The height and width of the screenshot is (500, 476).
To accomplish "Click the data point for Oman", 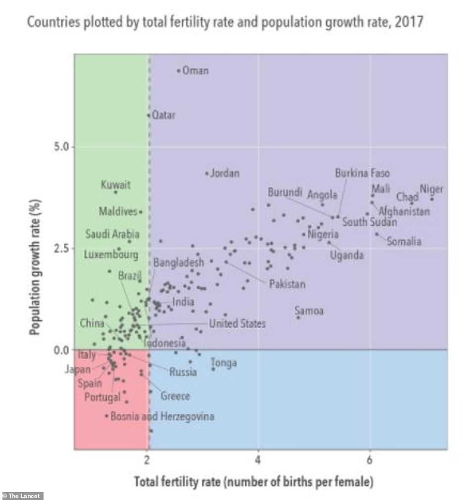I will (x=179, y=71).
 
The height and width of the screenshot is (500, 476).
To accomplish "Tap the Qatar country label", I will (x=163, y=115).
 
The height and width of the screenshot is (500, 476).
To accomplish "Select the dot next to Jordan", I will (x=207, y=173).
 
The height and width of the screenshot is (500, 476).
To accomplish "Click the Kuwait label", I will (x=116, y=185).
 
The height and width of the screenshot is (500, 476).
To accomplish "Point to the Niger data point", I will (x=431, y=199).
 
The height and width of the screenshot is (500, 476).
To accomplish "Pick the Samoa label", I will (x=309, y=311).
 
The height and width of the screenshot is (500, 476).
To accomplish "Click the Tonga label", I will (x=224, y=363).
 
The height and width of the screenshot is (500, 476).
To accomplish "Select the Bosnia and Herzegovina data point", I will (x=106, y=416).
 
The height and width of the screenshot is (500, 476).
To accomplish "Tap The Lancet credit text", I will (x=22, y=496).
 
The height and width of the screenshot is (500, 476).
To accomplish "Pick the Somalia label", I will (x=404, y=242).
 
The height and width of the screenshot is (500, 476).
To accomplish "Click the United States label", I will (x=237, y=324).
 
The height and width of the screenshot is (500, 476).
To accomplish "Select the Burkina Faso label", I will (x=362, y=173).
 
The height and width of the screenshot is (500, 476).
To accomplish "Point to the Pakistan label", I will (x=287, y=284).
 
